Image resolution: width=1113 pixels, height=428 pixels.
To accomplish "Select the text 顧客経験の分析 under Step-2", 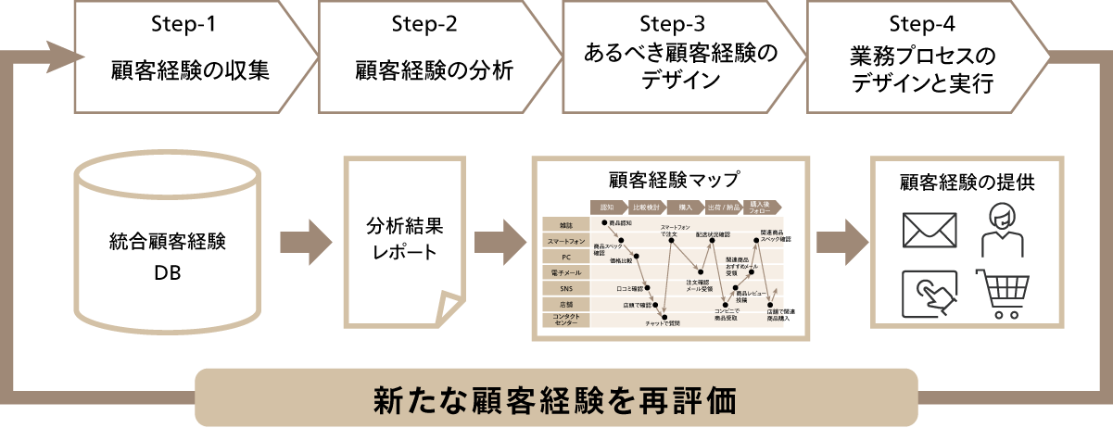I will (434, 70).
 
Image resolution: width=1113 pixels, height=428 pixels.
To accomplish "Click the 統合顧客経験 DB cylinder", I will (167, 250).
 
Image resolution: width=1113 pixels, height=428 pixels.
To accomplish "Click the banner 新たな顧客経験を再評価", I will (556, 401).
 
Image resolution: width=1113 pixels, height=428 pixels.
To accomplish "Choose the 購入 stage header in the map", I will (685, 207).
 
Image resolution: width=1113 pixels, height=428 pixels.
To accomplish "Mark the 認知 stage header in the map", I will (608, 207).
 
